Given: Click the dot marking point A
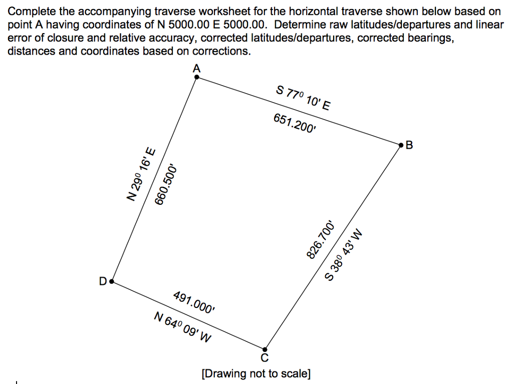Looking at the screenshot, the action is [196, 77].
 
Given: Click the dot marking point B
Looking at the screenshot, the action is [401, 145].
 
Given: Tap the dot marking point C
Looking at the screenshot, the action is [265, 349].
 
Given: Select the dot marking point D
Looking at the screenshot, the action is [112, 282].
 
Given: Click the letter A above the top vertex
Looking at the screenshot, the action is [196, 69].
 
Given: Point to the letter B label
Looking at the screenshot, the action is [409, 146].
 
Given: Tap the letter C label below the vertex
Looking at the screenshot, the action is [265, 357].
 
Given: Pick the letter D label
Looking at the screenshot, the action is [103, 282].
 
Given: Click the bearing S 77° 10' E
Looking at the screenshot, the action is [304, 98].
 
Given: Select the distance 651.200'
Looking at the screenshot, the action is [295, 123].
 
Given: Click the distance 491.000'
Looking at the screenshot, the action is [194, 301].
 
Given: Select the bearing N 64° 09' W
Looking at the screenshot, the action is [182, 326].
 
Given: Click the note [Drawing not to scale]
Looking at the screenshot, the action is [255, 373].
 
